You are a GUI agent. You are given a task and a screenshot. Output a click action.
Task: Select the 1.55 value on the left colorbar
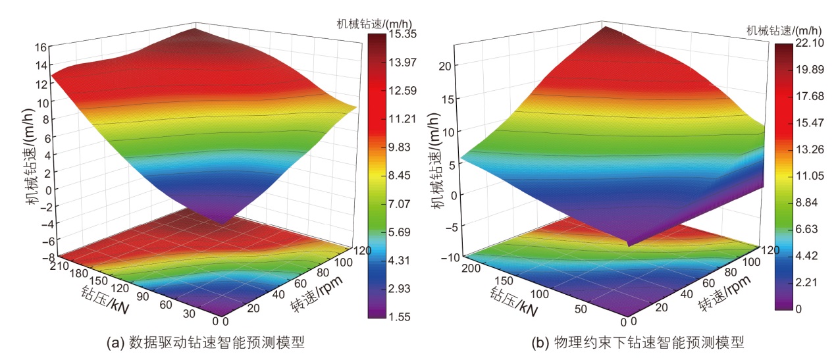point(398,317)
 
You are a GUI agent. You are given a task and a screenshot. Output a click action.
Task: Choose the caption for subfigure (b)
point(638,343)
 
